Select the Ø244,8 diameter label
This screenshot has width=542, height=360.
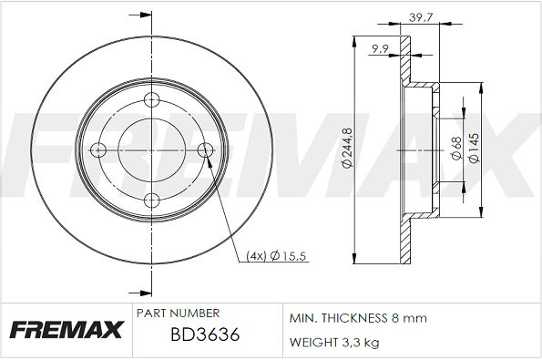pyautogui.click(x=348, y=149)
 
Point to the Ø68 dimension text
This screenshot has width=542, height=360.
pyautogui.click(x=455, y=149)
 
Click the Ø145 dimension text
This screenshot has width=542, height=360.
pyautogui.click(x=475, y=149)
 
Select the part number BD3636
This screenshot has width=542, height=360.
pyautogui.click(x=205, y=336)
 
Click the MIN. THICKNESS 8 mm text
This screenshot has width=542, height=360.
pyautogui.click(x=358, y=319)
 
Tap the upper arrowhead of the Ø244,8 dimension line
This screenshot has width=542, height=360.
pyautogui.click(x=353, y=42)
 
